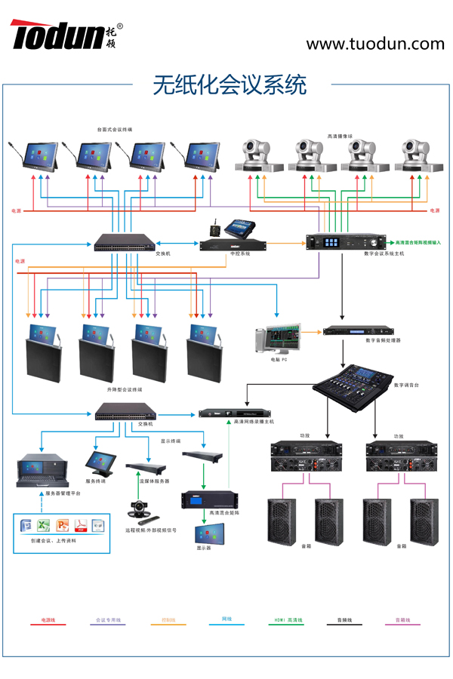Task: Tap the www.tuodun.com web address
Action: click(x=374, y=44)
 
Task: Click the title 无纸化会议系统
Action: click(x=230, y=84)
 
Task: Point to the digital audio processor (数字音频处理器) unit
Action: click(x=353, y=330)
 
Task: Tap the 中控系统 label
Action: click(x=240, y=253)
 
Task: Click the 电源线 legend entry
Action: click(x=48, y=620)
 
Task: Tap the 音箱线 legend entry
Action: click(x=402, y=620)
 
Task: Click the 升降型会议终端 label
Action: click(x=125, y=389)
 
